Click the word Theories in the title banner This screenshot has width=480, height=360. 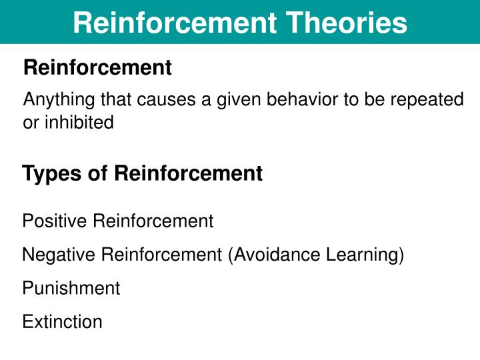[x=346, y=23]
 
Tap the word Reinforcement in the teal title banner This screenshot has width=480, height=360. [x=175, y=23]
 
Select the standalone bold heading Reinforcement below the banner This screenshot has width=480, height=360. [x=97, y=67]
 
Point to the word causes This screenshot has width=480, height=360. [x=166, y=100]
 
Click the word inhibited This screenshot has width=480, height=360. [x=79, y=122]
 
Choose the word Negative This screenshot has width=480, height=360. [x=59, y=255]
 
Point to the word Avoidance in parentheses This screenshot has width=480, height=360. [x=274, y=255]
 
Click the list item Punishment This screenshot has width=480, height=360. [x=71, y=288]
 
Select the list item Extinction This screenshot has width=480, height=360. [x=63, y=321]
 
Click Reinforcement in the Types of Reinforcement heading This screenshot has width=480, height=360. [x=188, y=173]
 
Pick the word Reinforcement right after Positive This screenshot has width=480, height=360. [x=153, y=221]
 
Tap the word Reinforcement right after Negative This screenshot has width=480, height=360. [x=161, y=254]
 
